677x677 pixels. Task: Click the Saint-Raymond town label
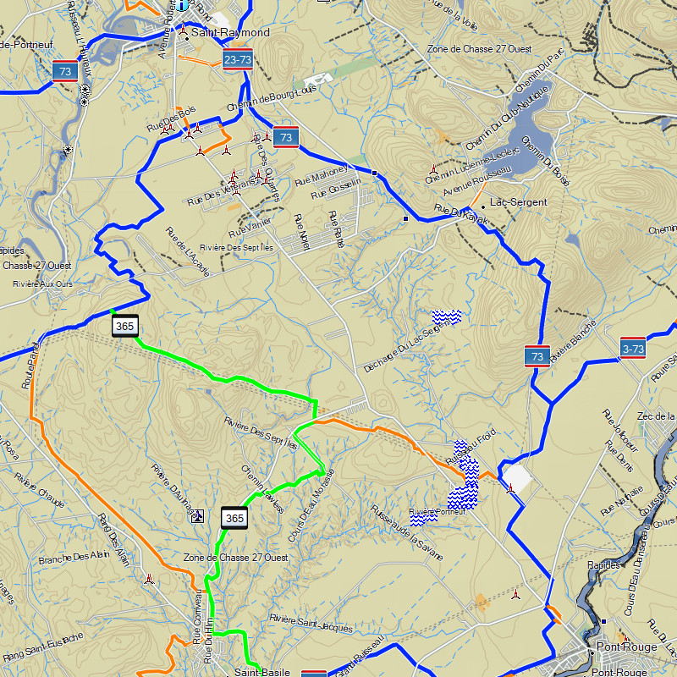point(230,33)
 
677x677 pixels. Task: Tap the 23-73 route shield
point(238,59)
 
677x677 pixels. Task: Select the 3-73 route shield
point(632,348)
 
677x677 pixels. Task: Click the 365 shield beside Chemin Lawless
point(234,518)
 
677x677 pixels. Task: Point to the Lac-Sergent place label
point(519,202)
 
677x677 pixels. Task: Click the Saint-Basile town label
point(262,673)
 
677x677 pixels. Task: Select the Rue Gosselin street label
point(336,188)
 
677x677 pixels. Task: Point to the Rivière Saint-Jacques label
point(310,623)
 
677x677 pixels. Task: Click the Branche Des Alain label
point(74,559)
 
